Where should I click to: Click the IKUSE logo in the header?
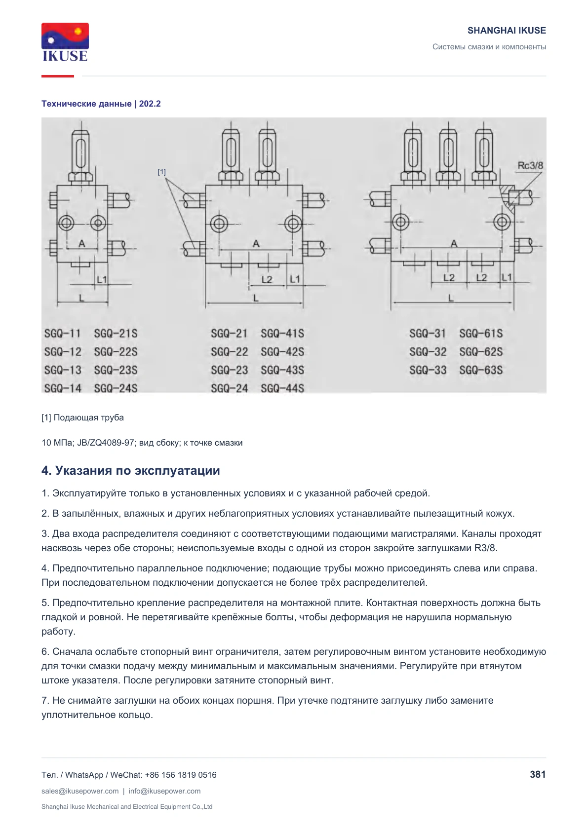(x=65, y=42)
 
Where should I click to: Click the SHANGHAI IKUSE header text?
(x=507, y=31)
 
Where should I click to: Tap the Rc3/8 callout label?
(x=530, y=165)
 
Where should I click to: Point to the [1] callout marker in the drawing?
(x=161, y=172)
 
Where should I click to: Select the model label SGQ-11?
(x=62, y=334)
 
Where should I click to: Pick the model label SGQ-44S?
(x=282, y=388)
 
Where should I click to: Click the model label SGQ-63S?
(x=481, y=370)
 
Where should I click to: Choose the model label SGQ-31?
(x=428, y=334)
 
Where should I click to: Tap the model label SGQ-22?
(x=230, y=352)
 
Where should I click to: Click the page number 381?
(x=538, y=774)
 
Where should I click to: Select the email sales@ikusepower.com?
(x=80, y=791)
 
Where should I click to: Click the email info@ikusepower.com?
(x=164, y=791)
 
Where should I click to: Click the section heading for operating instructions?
(x=131, y=470)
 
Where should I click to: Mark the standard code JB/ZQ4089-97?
(x=106, y=443)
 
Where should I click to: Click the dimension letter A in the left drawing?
(x=81, y=244)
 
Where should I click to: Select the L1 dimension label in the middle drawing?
(x=295, y=279)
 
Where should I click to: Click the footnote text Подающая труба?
(x=89, y=417)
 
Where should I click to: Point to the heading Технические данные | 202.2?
(x=101, y=104)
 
